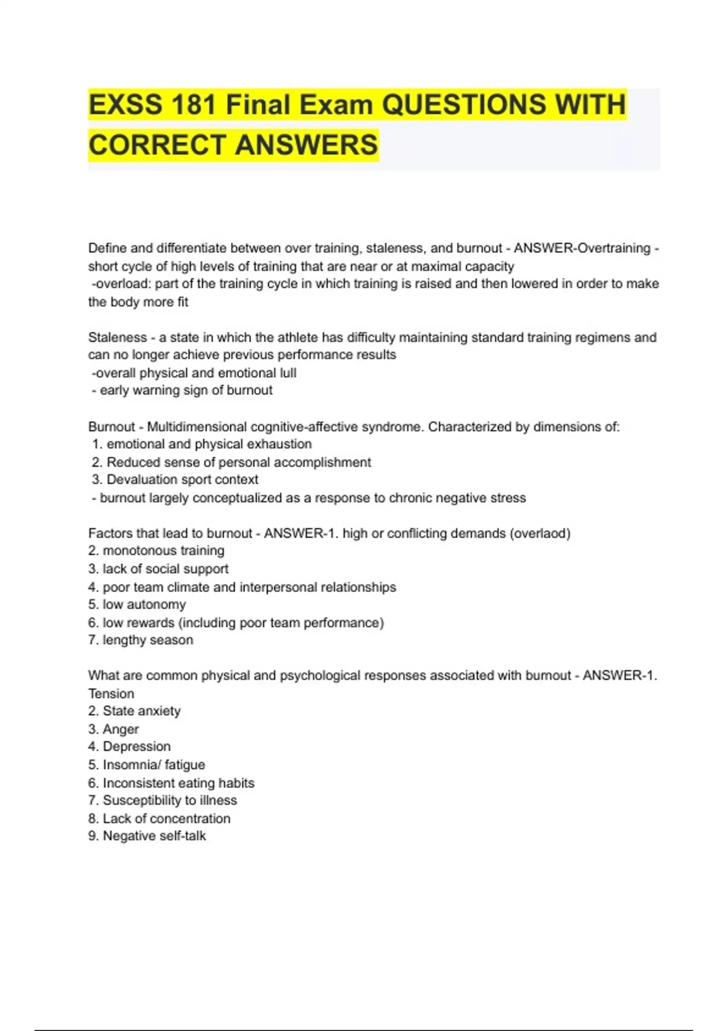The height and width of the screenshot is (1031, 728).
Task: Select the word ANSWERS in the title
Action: [306, 145]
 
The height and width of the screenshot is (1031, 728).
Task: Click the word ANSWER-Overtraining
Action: [582, 248]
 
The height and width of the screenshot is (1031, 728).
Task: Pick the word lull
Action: [288, 373]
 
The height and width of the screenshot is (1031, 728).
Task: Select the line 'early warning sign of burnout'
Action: [186, 391]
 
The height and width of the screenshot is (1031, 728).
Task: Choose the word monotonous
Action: [133, 551]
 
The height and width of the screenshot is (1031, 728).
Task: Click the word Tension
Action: [111, 694]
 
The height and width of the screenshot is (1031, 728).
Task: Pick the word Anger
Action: [121, 729]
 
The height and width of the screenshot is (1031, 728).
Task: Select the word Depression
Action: [136, 747]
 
